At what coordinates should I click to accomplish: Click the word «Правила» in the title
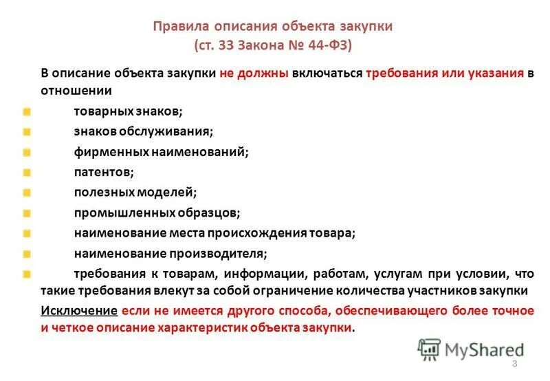click(x=177, y=28)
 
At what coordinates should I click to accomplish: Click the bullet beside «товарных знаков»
click(x=26, y=111)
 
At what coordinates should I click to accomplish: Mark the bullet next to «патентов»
click(x=26, y=172)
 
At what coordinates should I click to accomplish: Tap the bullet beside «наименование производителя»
click(x=26, y=254)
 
